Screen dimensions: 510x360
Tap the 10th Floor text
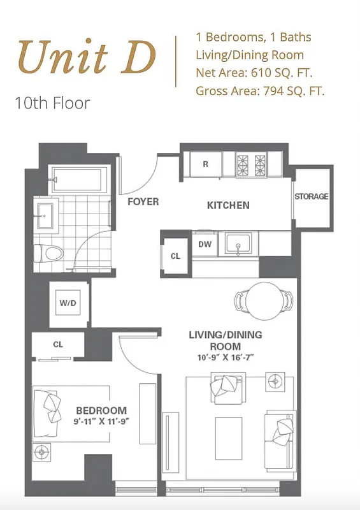click(x=52, y=103)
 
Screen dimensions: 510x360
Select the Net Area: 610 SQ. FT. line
click(x=254, y=73)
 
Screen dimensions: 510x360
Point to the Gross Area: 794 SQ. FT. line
click(x=260, y=91)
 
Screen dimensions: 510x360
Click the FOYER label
click(x=143, y=201)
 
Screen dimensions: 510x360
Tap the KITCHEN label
click(x=228, y=205)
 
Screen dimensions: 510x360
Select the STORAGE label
click(x=312, y=196)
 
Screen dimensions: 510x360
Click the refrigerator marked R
click(x=205, y=164)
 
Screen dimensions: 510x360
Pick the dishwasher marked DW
click(x=205, y=244)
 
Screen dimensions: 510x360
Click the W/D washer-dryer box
click(x=68, y=303)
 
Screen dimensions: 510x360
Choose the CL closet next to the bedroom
click(x=58, y=344)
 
